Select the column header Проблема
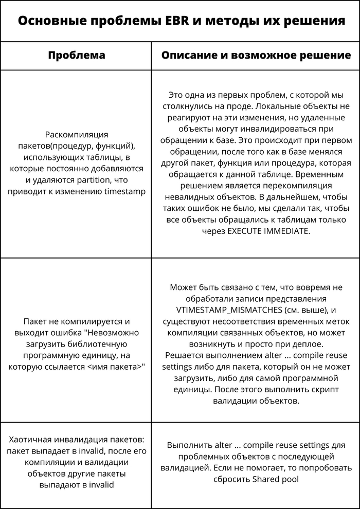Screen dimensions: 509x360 click(76, 56)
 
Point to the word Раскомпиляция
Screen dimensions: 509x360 click(77, 135)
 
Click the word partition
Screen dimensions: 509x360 click(105, 180)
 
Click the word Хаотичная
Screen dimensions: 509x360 click(32, 440)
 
